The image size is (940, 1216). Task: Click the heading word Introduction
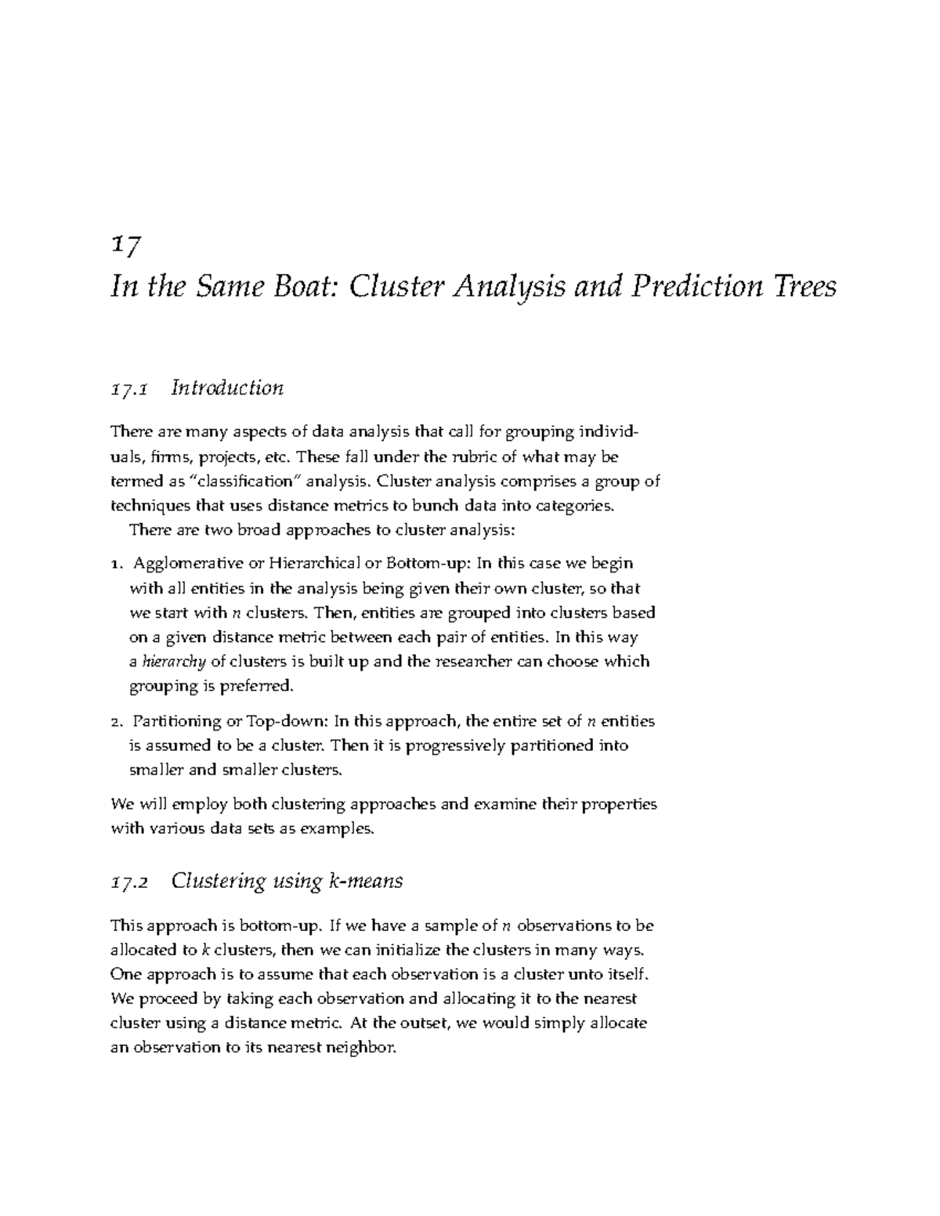(x=227, y=388)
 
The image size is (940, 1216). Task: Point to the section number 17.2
(x=129, y=882)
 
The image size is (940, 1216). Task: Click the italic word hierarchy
(x=174, y=662)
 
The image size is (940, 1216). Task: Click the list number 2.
(x=116, y=721)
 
